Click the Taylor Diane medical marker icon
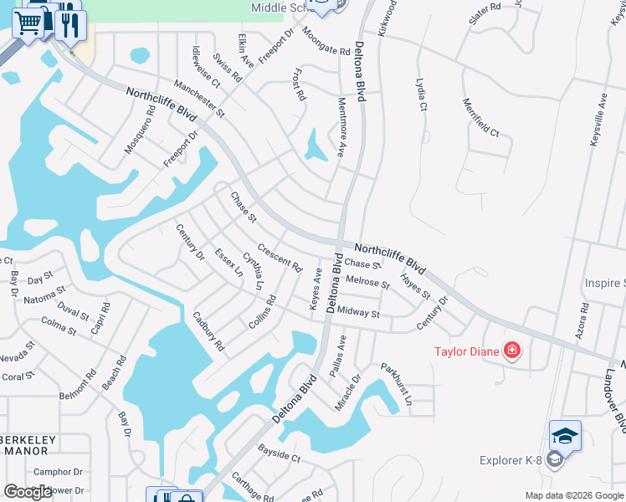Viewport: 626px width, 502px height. [511, 351]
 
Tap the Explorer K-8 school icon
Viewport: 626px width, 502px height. [565, 438]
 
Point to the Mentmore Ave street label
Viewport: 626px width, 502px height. [341, 127]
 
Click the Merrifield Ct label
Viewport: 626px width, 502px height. [481, 118]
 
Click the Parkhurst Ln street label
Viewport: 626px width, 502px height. [397, 384]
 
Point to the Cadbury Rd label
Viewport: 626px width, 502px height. [208, 330]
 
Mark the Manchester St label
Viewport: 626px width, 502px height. [199, 98]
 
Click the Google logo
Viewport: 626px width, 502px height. [28, 492]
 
